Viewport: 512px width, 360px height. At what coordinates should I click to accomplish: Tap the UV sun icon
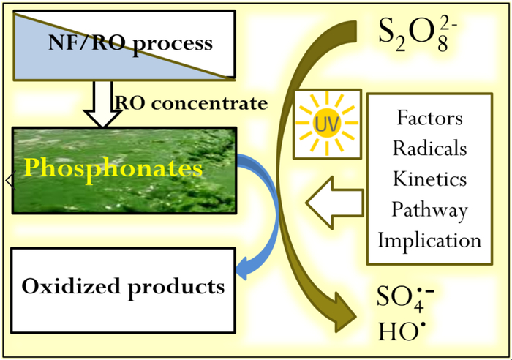tap(327, 124)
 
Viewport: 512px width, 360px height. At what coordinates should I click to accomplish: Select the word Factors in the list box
tap(430, 118)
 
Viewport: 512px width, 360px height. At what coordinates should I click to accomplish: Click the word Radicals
tap(430, 149)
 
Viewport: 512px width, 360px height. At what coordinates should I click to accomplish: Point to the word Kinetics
tap(430, 179)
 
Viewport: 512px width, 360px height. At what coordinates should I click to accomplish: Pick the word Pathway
tap(430, 211)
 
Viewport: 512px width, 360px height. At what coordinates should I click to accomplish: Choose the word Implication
tap(430, 241)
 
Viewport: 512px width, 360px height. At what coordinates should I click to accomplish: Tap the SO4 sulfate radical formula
tap(405, 298)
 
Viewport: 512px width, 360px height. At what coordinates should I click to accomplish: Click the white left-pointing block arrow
tap(335, 203)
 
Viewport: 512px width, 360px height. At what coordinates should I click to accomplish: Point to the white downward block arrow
tap(103, 104)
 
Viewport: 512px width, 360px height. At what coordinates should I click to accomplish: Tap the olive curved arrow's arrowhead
tap(345, 313)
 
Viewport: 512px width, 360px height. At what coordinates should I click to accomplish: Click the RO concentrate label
tap(191, 104)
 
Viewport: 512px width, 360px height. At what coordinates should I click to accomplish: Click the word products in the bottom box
tap(176, 288)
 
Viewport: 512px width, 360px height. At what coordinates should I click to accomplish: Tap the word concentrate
tap(210, 104)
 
